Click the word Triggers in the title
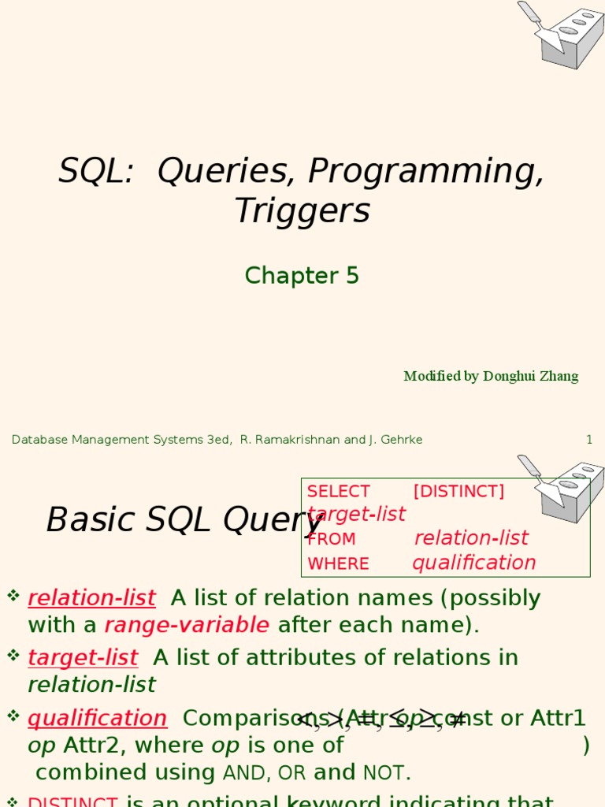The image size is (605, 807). coord(302,211)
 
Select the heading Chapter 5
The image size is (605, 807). coord(302,276)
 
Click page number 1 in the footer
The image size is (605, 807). coord(588,440)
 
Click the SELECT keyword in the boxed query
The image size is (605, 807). coord(338,492)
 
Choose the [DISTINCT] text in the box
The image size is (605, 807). coord(458,492)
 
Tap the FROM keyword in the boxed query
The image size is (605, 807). coord(331,540)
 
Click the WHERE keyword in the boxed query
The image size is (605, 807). coord(338,564)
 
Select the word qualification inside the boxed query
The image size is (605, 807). coord(473,563)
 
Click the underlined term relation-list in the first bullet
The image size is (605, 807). coord(91,598)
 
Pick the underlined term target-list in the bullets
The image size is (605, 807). coord(83,657)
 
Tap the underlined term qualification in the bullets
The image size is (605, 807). coord(97,718)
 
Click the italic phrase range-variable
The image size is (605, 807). coord(187,625)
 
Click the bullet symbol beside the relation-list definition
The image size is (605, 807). coord(13,596)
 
